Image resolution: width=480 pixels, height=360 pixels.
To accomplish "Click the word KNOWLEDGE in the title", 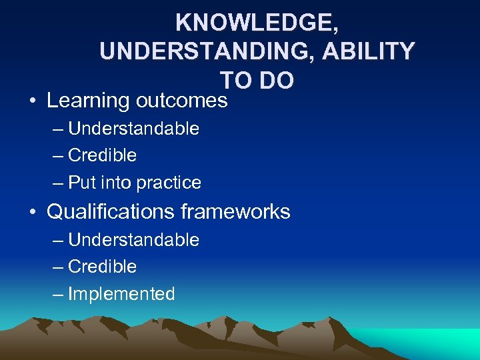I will pos(257,23).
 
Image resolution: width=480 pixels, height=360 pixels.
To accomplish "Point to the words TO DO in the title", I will pos(257,80).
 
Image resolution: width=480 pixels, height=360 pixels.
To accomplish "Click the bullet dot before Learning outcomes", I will pos(33,101).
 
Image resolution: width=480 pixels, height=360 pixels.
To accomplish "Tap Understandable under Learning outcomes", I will pos(133,128).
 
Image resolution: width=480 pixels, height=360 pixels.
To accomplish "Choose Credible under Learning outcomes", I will pos(102,155).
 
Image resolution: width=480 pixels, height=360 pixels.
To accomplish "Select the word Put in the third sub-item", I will pos(82,183).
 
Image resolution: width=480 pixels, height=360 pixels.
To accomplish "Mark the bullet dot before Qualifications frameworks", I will pos(33,213).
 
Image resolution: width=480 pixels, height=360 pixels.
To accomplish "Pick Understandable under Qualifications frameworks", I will pos(133,239).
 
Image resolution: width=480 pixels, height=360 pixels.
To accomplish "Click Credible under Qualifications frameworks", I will pos(102,267).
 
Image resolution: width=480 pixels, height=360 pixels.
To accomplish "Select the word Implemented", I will pos(121,294).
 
